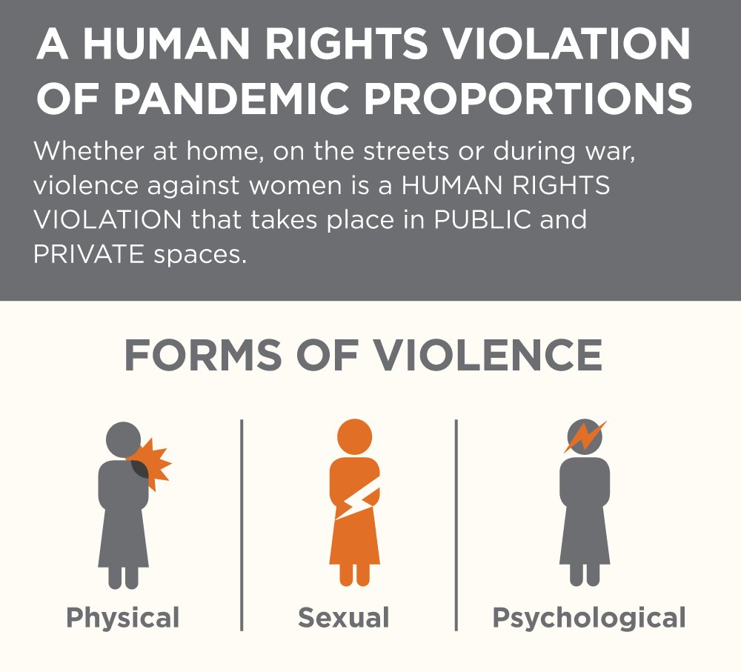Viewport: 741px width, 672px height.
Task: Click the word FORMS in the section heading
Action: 205,356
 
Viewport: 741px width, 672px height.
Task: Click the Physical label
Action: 123,616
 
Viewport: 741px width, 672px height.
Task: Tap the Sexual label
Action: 343,616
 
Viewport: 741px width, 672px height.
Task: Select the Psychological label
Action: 589,616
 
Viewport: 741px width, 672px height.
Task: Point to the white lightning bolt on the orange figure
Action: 358,504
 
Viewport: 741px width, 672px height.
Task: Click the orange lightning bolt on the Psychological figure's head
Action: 585,436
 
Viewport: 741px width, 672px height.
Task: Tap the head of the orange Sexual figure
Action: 354,436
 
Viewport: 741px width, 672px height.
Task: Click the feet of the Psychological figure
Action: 585,575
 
